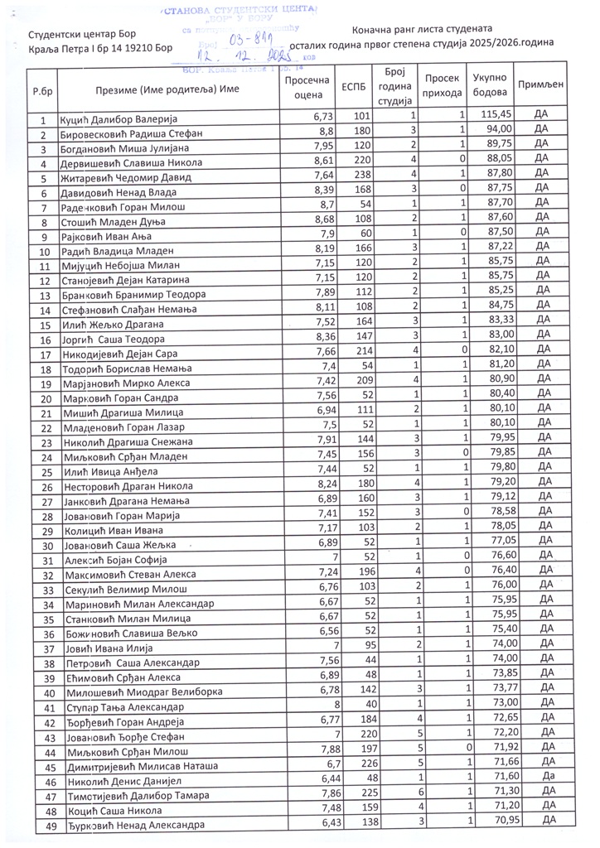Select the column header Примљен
[540, 85]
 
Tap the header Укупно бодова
[490, 85]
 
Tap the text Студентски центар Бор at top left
[82, 34]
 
